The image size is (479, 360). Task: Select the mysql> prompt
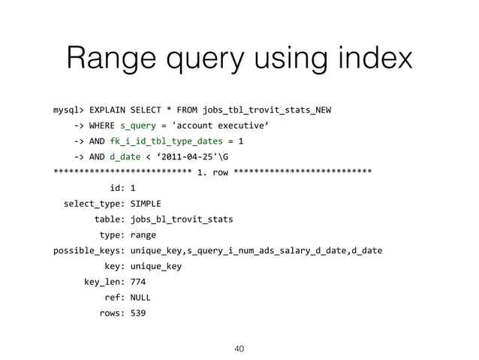pos(68,110)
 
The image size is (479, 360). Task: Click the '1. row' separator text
pos(212,173)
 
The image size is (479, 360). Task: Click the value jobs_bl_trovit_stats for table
pos(181,219)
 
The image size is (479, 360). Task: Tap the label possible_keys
pos(88,250)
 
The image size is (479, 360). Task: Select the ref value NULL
pos(140,297)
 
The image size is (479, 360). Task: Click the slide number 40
pos(239,349)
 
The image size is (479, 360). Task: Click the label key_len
pos(104,282)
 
